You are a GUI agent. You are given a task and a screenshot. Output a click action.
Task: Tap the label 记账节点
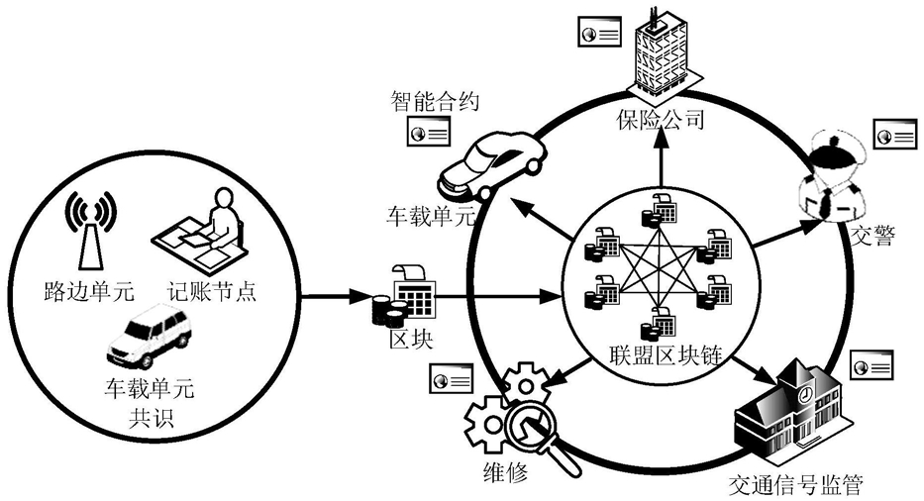click(212, 292)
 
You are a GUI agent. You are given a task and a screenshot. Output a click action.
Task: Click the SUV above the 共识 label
click(150, 335)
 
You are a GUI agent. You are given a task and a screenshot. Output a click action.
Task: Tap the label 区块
click(411, 340)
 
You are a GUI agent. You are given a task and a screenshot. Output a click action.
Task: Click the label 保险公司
click(661, 120)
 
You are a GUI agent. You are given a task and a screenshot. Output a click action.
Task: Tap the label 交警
click(873, 236)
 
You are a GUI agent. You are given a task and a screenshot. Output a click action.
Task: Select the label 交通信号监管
click(795, 484)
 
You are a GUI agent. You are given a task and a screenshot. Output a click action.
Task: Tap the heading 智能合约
click(435, 102)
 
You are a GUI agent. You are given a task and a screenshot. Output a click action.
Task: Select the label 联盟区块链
click(666, 355)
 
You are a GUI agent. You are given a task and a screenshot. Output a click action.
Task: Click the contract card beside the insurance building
click(599, 32)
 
